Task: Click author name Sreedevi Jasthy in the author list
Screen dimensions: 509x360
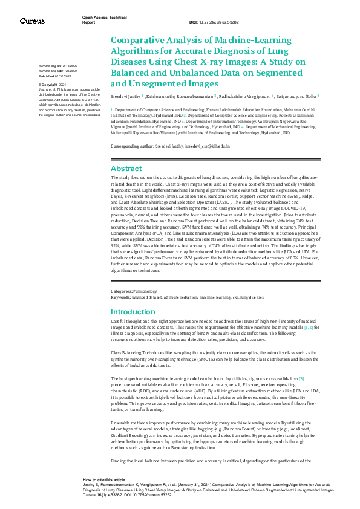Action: pyautogui.click(x=126, y=96)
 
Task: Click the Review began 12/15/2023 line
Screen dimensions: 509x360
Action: pyautogui.click(x=57, y=65)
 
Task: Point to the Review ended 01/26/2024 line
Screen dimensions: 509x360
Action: pyautogui.click(x=57, y=70)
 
